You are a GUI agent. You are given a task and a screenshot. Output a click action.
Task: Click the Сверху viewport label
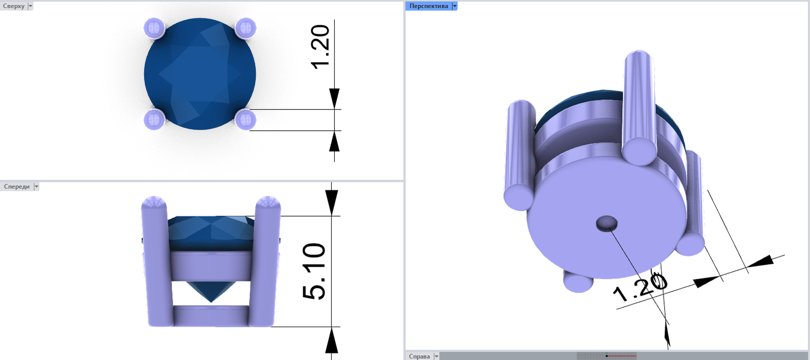(x=14, y=6)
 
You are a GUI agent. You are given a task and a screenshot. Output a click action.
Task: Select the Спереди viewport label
(x=17, y=187)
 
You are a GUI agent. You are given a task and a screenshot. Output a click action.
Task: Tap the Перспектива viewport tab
(x=428, y=6)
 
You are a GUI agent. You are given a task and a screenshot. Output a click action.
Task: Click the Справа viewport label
(x=419, y=356)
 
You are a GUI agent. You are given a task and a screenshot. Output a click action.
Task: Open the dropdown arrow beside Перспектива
(x=455, y=6)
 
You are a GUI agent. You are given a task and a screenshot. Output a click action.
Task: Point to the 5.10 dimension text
(x=314, y=271)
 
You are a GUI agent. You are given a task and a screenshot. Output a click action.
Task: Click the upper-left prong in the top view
(x=154, y=28)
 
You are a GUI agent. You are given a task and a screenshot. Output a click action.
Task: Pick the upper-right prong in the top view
(x=246, y=28)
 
